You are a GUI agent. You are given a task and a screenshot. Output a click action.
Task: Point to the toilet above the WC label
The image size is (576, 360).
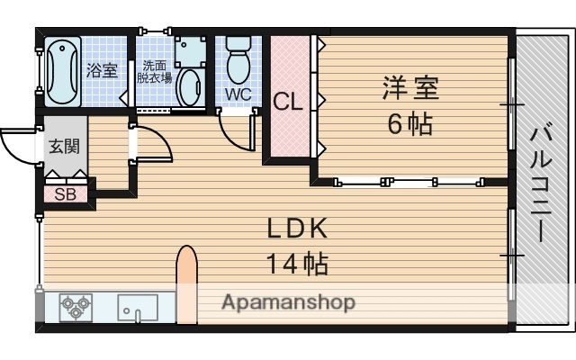[x=238, y=59]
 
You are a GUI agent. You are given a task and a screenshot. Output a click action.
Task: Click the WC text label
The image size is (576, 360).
[x=238, y=94]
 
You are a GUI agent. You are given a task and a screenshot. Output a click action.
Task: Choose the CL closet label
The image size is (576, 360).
[x=288, y=101]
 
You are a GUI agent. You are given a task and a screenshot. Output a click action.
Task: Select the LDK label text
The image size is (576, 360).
[x=296, y=229]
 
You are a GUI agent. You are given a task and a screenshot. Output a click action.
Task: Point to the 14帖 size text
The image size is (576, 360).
[x=296, y=264]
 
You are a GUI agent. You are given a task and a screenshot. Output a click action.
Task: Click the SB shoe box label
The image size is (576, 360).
[x=66, y=193]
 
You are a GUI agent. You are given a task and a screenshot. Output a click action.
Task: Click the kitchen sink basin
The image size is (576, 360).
[x=137, y=308]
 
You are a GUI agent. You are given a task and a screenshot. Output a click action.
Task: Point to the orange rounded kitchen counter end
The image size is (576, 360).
[x=186, y=283]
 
